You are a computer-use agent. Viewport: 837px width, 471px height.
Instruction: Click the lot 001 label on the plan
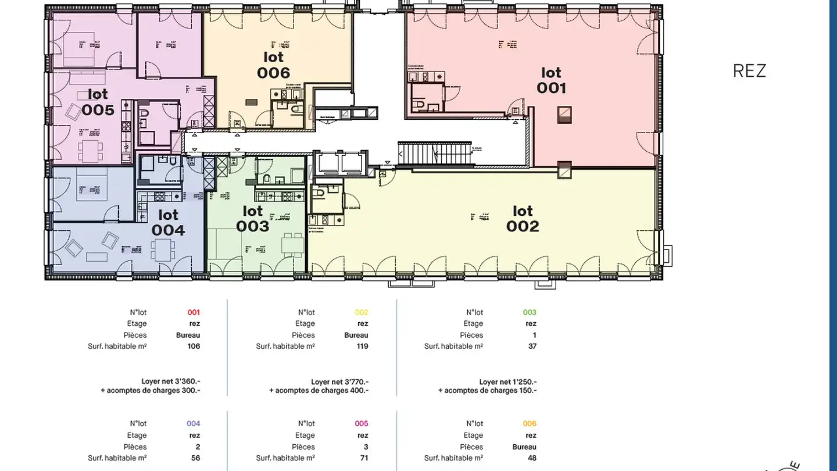[551, 80]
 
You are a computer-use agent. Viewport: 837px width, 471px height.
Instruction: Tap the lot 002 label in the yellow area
[523, 219]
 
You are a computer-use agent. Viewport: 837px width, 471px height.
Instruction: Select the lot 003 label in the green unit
[252, 219]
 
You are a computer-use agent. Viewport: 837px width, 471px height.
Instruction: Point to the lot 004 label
[168, 223]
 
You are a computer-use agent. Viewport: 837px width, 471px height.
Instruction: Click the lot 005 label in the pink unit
[98, 102]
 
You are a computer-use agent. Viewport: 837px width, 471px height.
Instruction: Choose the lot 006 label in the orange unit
[273, 65]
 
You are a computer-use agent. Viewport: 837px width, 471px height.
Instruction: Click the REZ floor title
[749, 71]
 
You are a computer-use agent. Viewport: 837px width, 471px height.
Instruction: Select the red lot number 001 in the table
[194, 312]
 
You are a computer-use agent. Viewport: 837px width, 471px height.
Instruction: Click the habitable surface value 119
[362, 346]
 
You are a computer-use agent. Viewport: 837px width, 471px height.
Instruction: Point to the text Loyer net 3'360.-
[171, 382]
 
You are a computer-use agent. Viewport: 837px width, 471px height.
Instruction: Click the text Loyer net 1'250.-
[507, 382]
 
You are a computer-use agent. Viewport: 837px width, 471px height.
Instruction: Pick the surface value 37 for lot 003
[531, 346]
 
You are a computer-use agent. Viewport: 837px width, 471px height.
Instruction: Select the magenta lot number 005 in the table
[362, 423]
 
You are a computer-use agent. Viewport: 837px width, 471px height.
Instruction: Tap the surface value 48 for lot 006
[531, 458]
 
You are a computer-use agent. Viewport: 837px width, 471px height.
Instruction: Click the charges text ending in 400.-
[319, 391]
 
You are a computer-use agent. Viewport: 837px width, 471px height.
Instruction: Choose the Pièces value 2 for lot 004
[198, 447]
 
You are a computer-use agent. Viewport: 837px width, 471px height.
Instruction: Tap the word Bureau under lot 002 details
[356, 335]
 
